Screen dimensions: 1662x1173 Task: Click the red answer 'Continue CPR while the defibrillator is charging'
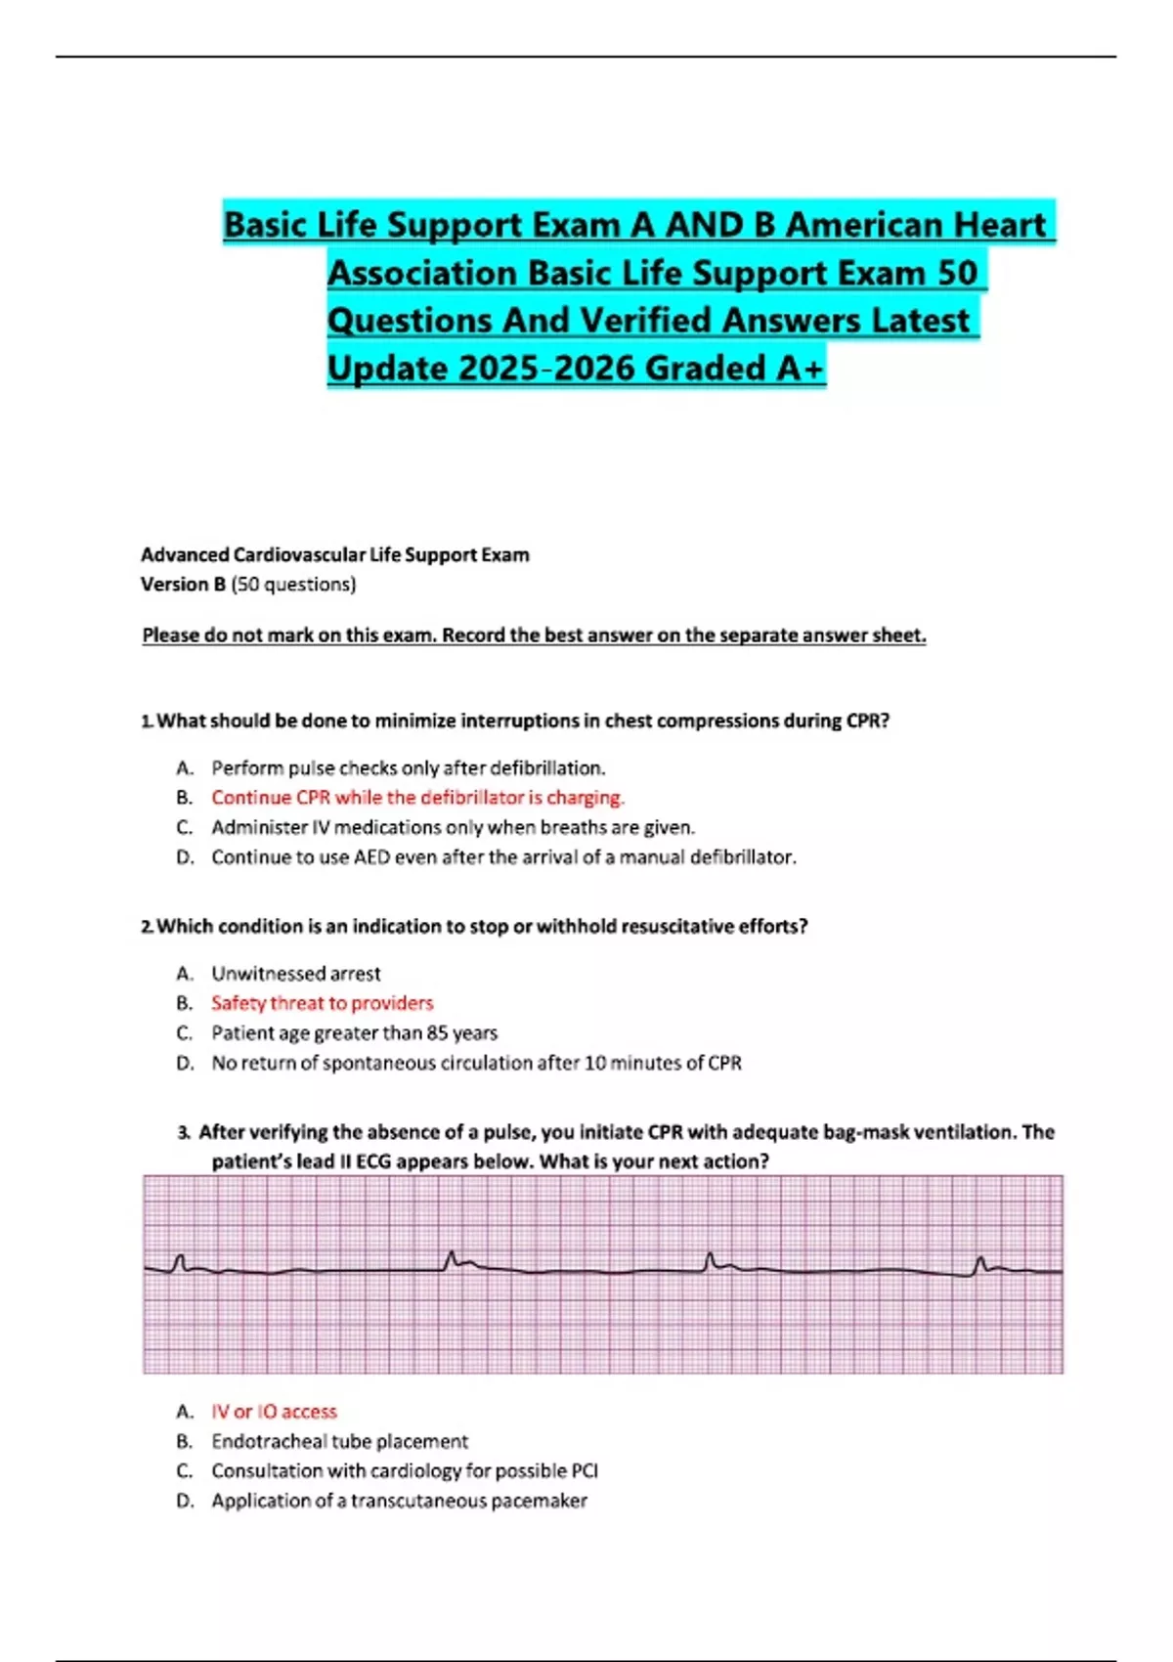[x=417, y=798]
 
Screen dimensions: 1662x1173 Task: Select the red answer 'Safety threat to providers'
[x=322, y=1003]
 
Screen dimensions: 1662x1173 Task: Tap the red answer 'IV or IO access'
[x=274, y=1412]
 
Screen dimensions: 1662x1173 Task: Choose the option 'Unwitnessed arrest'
[x=295, y=974]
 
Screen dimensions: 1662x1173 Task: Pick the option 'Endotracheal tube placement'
[x=339, y=1441]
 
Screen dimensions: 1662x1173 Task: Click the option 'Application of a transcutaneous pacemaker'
[x=399, y=1501]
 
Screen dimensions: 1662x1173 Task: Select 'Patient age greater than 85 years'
[x=354, y=1033]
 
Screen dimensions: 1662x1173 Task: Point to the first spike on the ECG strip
[x=179, y=1262]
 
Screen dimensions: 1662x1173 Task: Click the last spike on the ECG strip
[x=980, y=1264]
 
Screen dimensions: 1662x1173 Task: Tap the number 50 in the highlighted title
[x=957, y=273]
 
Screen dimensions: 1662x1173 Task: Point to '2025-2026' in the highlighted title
[x=546, y=369]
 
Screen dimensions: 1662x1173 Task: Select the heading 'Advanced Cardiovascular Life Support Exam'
[x=334, y=555]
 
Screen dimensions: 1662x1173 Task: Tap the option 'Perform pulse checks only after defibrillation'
[x=408, y=768]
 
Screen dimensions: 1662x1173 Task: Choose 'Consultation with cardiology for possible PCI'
[x=404, y=1471]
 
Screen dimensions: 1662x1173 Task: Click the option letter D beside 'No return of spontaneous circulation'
[x=185, y=1064]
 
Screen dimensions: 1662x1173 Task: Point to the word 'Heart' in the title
[x=1000, y=225]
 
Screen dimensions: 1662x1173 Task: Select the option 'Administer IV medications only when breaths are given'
[x=453, y=828]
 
